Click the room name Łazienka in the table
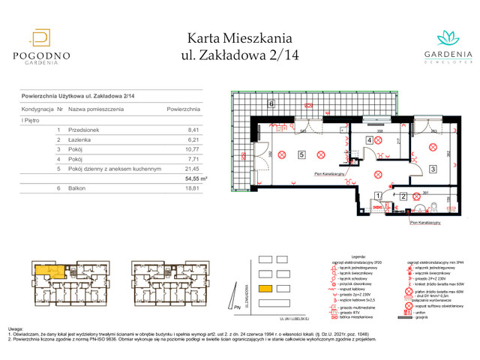(81, 139)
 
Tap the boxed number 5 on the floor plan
(301, 155)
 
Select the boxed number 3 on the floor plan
(433, 169)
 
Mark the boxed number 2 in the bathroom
(403, 196)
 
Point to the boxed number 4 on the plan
(370, 140)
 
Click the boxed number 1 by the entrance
(376, 196)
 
